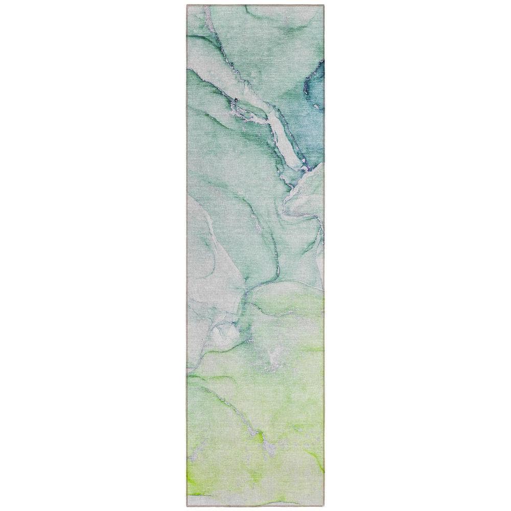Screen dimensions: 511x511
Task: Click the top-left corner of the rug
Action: (187, 6)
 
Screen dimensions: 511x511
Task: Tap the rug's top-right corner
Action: (323, 6)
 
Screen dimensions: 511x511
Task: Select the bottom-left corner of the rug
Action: (187, 505)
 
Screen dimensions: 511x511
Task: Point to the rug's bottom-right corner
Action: (323, 505)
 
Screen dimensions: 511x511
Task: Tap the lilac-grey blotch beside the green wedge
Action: (269, 448)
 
